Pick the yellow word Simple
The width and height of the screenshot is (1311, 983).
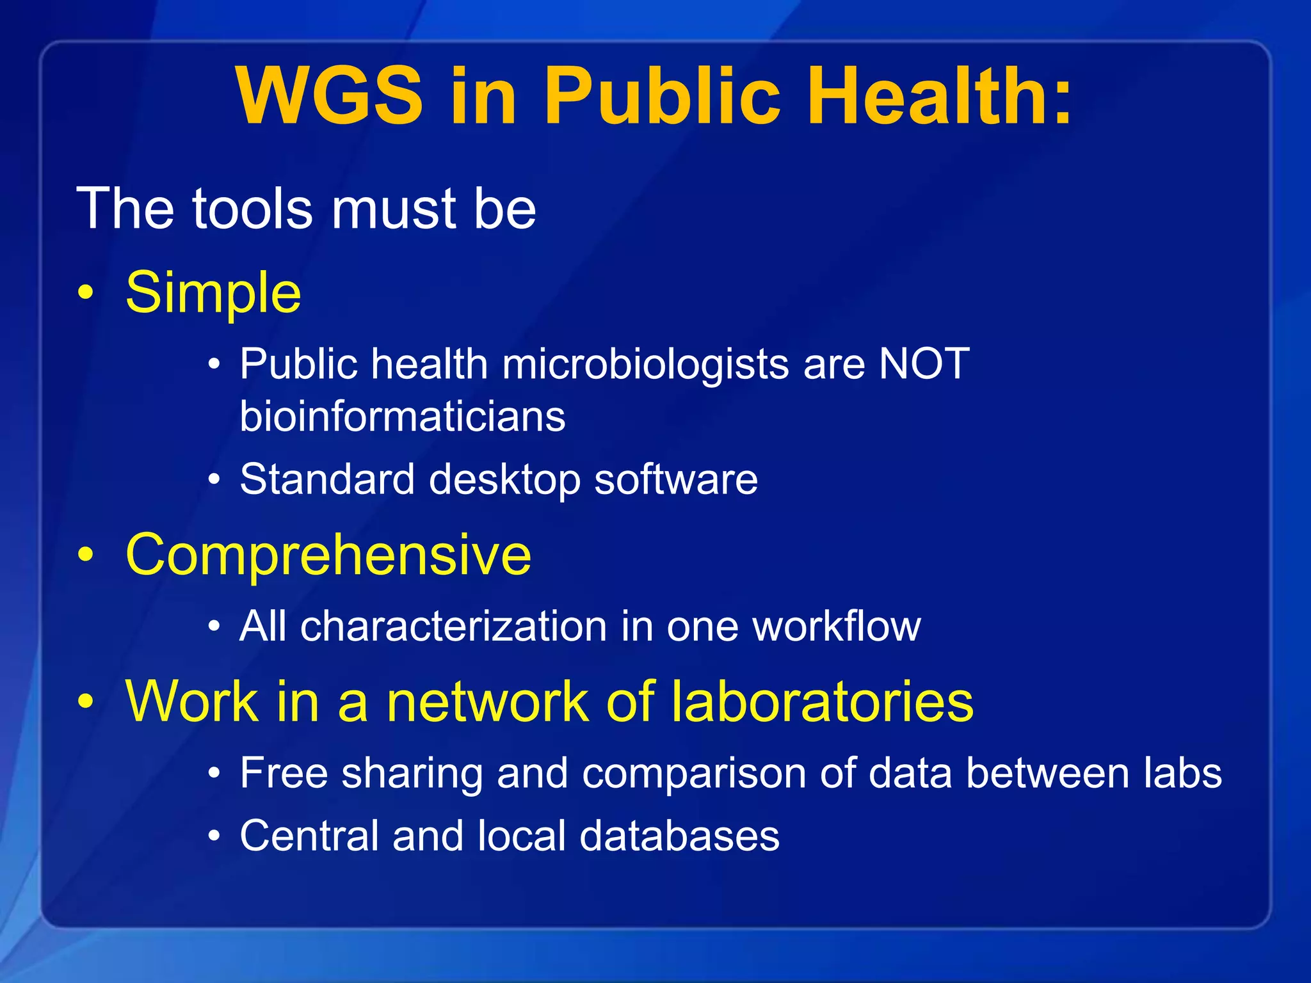(213, 292)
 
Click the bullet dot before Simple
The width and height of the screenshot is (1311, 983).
(86, 294)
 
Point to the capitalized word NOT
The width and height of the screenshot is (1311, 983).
(924, 364)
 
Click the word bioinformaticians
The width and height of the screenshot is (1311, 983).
(403, 417)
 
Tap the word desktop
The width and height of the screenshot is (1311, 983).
(504, 479)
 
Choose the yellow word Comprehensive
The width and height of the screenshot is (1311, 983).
(328, 554)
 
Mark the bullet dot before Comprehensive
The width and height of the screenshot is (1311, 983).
(86, 555)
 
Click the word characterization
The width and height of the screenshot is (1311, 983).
(453, 626)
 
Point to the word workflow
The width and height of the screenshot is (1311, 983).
(837, 626)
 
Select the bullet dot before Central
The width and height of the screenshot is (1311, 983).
(215, 836)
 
